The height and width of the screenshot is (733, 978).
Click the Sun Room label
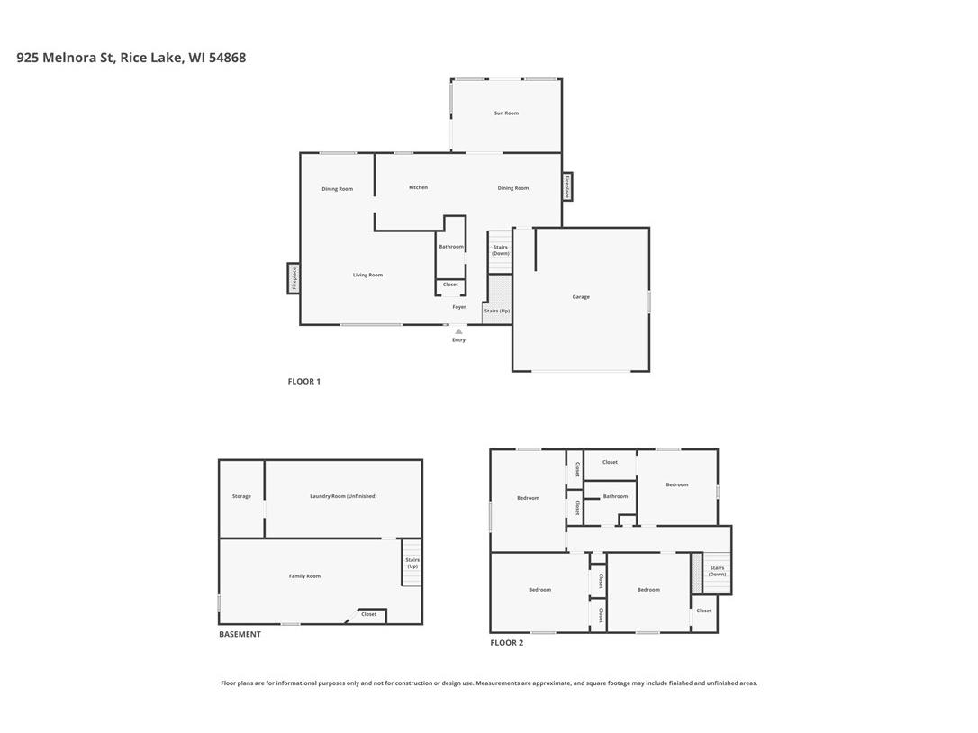click(x=506, y=113)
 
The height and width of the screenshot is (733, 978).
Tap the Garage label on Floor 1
click(x=581, y=297)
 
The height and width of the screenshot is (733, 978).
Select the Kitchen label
click(x=418, y=187)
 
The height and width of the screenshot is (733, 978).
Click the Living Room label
click(x=367, y=276)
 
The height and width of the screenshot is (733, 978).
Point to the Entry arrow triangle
click(x=458, y=331)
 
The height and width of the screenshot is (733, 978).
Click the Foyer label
click(x=459, y=307)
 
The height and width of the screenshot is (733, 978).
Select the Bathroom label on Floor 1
click(x=451, y=247)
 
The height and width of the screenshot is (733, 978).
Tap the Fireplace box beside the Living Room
click(x=294, y=278)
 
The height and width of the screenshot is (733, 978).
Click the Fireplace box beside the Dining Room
click(x=567, y=186)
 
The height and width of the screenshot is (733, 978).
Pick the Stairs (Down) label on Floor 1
click(x=501, y=250)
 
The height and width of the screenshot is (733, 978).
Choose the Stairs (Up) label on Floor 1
click(x=497, y=312)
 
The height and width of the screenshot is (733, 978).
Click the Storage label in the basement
click(x=241, y=496)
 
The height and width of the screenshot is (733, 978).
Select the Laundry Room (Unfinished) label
click(x=343, y=496)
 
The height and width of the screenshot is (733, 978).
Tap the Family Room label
click(x=304, y=576)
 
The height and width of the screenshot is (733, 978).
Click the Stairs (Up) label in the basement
click(x=412, y=563)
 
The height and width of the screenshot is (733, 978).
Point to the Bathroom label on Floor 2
click(x=615, y=496)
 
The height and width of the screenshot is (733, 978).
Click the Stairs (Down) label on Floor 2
click(x=717, y=571)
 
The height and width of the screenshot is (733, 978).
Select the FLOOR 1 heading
click(x=304, y=382)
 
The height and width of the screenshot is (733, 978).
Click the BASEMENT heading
click(x=240, y=634)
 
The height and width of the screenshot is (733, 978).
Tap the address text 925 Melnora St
click(x=65, y=58)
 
